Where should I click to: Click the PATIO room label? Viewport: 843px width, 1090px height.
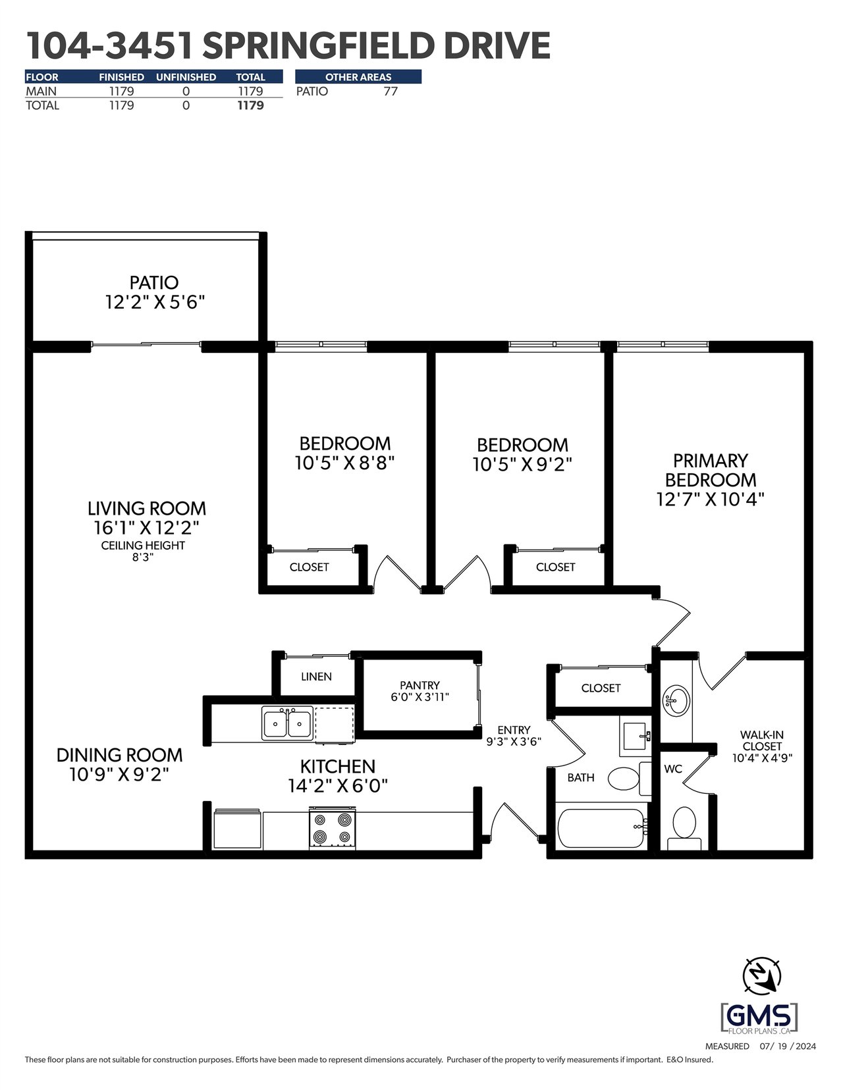click(154, 283)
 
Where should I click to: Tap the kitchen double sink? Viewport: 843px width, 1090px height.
click(287, 723)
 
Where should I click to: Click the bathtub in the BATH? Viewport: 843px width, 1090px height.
click(602, 828)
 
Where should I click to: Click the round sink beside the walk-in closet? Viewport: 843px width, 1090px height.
click(676, 700)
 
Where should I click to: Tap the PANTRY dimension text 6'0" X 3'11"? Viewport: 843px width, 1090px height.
click(420, 697)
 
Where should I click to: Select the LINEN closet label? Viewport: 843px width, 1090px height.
click(316, 677)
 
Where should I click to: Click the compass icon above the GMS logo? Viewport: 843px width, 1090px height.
click(762, 975)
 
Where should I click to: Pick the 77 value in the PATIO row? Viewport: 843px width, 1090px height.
click(391, 91)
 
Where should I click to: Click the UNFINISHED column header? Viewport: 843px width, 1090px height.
click(186, 77)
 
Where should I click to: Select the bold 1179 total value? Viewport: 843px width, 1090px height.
click(250, 105)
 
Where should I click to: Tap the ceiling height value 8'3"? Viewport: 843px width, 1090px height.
click(142, 558)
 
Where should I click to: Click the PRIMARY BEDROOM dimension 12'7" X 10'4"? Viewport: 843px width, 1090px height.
click(711, 500)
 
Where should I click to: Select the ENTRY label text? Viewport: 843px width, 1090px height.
click(514, 730)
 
